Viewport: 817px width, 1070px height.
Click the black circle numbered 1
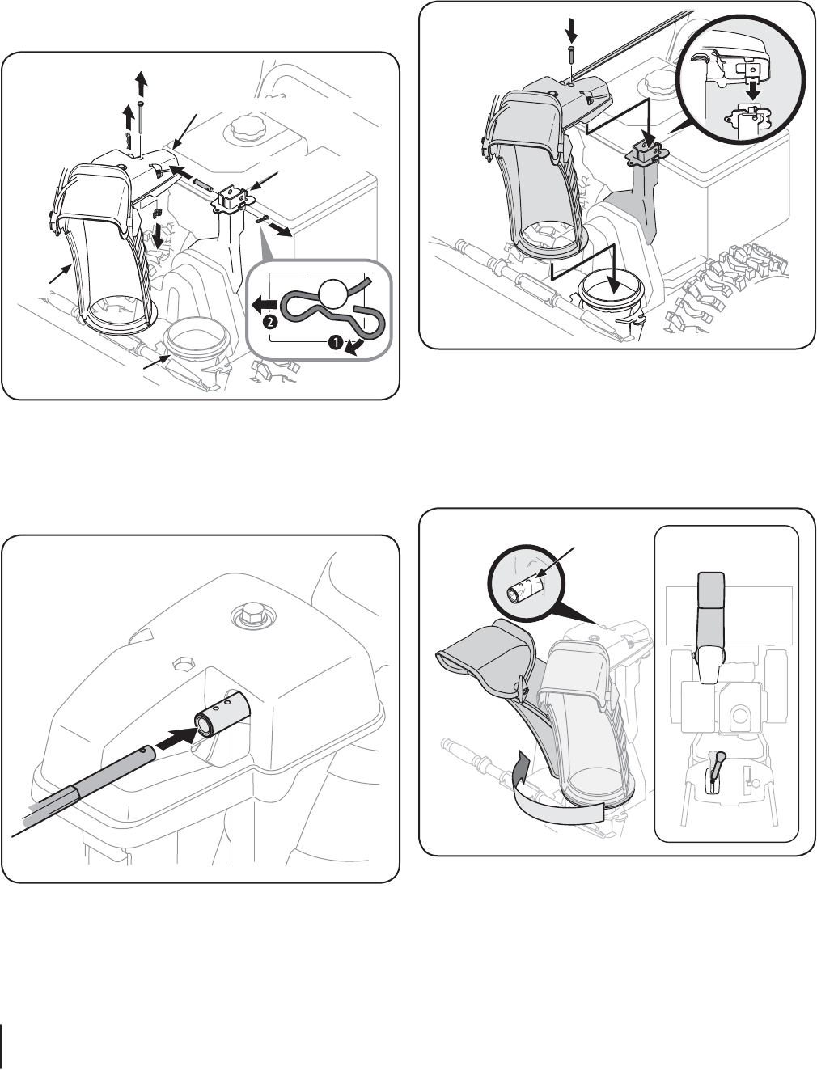point(336,343)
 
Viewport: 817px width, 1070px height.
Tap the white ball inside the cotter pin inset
point(333,294)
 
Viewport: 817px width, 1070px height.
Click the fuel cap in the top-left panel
point(246,129)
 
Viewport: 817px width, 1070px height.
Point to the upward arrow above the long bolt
point(141,83)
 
